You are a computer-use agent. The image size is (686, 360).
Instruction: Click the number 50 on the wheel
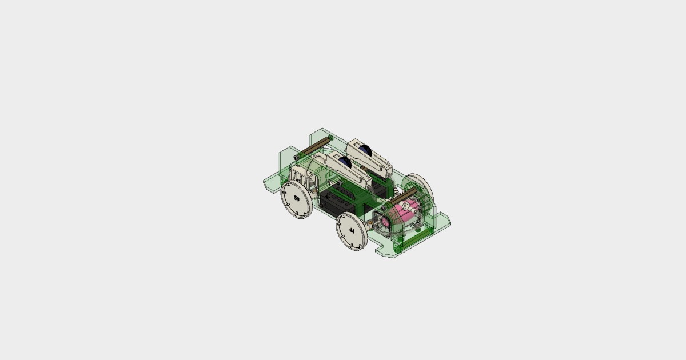click(x=296, y=198)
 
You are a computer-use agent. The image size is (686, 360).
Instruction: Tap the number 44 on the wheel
click(x=352, y=231)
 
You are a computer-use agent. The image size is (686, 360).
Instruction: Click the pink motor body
click(x=402, y=215)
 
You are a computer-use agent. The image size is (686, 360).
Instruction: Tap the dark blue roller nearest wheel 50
click(x=345, y=162)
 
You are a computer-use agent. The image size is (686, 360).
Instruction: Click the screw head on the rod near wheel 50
click(x=296, y=157)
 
